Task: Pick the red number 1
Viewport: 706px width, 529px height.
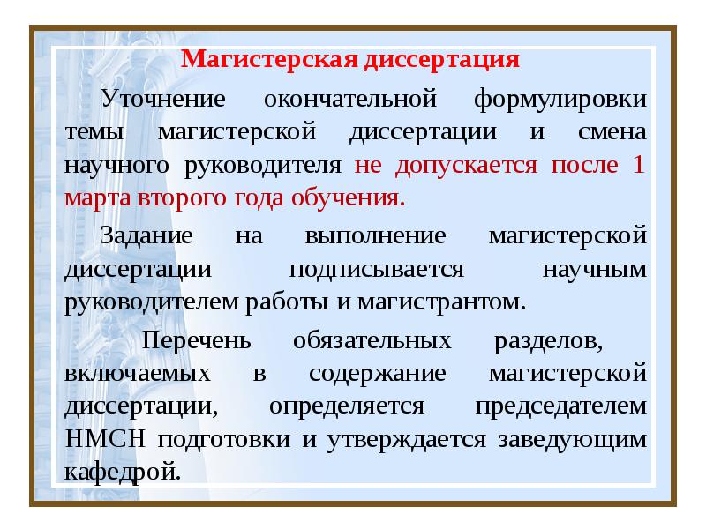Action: (639, 165)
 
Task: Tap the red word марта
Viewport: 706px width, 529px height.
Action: (98, 197)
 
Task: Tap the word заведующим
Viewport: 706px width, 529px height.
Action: (575, 439)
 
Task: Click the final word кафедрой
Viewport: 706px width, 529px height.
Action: (123, 472)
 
